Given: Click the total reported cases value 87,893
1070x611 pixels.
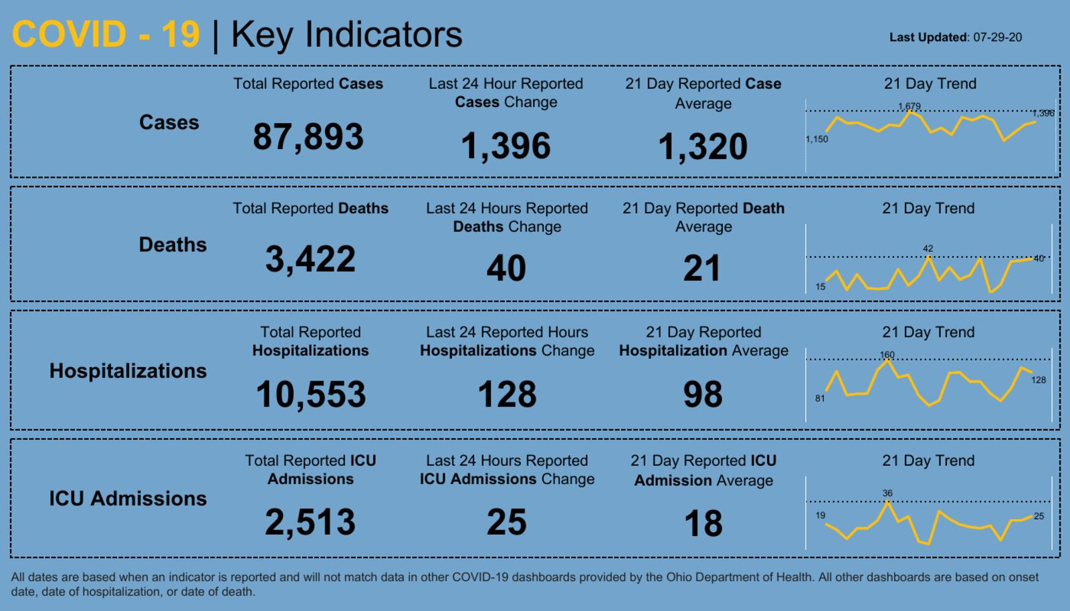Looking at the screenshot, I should coord(308,136).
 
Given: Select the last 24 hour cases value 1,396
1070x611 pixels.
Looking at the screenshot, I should coord(506,146).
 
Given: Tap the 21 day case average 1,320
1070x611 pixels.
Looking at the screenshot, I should coord(703,146).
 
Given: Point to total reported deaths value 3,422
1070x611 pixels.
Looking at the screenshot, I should coord(310,259).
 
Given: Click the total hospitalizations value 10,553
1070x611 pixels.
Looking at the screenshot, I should coord(311,394).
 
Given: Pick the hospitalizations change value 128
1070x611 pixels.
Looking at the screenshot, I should coord(507,394).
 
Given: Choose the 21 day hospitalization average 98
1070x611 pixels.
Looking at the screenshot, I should coord(703,394).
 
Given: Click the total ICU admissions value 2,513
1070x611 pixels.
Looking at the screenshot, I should coord(310,522).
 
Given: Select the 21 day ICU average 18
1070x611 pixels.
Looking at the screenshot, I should coord(703,523).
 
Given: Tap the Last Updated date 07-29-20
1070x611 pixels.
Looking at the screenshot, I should coord(997,37).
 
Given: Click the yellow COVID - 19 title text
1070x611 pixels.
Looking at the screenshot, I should coord(106,34).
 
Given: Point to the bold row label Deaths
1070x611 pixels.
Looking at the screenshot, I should coord(173,245).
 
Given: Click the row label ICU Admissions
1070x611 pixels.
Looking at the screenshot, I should coord(128,499).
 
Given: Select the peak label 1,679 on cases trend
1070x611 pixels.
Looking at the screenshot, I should coord(909,106).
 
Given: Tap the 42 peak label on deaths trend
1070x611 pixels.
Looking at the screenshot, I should coord(928,248).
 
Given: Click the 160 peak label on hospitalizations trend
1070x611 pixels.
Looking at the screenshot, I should coord(887,355).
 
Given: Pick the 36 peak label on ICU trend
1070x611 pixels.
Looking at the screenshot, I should coord(887,493).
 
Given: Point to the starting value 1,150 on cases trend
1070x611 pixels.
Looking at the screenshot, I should coord(817,139).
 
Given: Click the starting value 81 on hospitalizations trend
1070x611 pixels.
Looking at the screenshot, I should coord(820,398).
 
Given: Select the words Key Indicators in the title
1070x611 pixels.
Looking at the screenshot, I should coord(346,34).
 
